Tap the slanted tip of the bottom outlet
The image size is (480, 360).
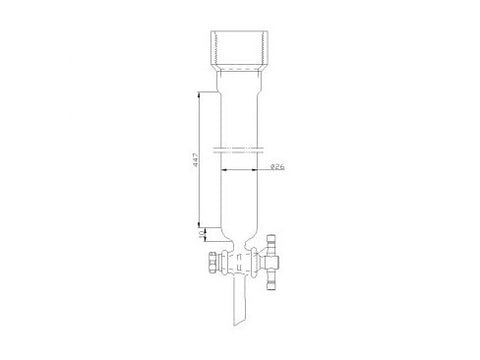(x=240, y=326)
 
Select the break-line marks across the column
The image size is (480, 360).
(x=241, y=151)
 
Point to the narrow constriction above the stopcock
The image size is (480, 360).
(x=241, y=245)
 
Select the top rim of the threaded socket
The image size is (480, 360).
(x=241, y=32)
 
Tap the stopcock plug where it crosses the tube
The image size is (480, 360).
(x=240, y=265)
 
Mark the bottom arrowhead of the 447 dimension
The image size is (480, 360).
(x=197, y=227)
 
